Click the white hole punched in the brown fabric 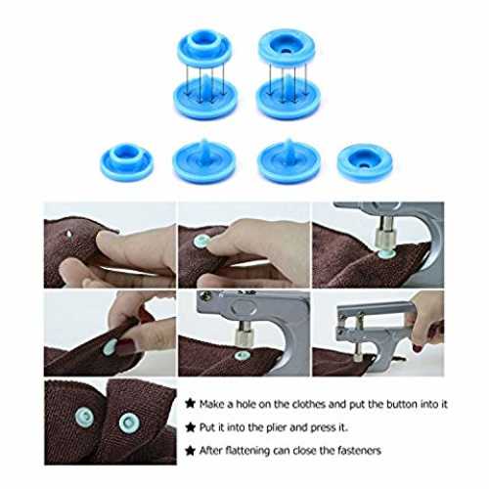click(69, 234)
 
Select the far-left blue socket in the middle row click(126, 161)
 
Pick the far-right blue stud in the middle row click(365, 162)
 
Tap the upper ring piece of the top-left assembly click(204, 47)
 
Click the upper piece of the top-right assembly click(287, 48)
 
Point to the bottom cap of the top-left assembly click(204, 96)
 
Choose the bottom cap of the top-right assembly click(289, 96)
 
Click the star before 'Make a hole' click(190, 404)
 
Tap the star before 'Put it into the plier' click(190, 427)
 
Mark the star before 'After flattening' click(190, 451)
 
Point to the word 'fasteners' click(359, 451)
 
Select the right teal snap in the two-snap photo click(129, 423)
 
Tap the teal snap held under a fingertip click(202, 241)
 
